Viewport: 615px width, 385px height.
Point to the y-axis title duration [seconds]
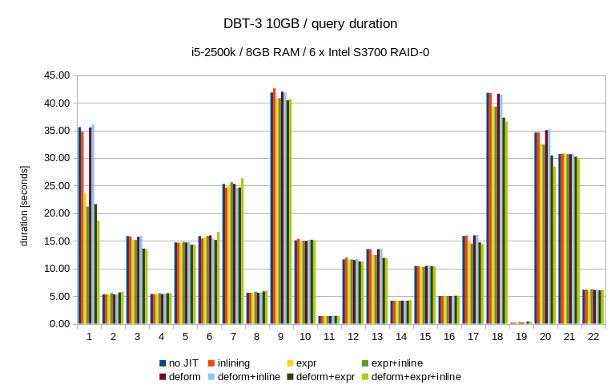(24, 200)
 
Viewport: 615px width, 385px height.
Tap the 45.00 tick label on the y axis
(56, 75)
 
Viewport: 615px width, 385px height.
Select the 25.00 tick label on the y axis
(56, 186)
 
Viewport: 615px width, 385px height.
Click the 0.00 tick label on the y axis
(59, 324)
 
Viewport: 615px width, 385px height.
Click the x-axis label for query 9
(281, 337)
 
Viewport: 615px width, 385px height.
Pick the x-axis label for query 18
(497, 337)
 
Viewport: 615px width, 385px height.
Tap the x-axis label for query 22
(593, 337)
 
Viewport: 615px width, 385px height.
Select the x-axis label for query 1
(89, 337)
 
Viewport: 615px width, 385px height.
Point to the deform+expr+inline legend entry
(416, 376)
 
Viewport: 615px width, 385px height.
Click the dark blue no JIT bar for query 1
(79, 225)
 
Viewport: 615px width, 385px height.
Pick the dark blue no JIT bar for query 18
(488, 209)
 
